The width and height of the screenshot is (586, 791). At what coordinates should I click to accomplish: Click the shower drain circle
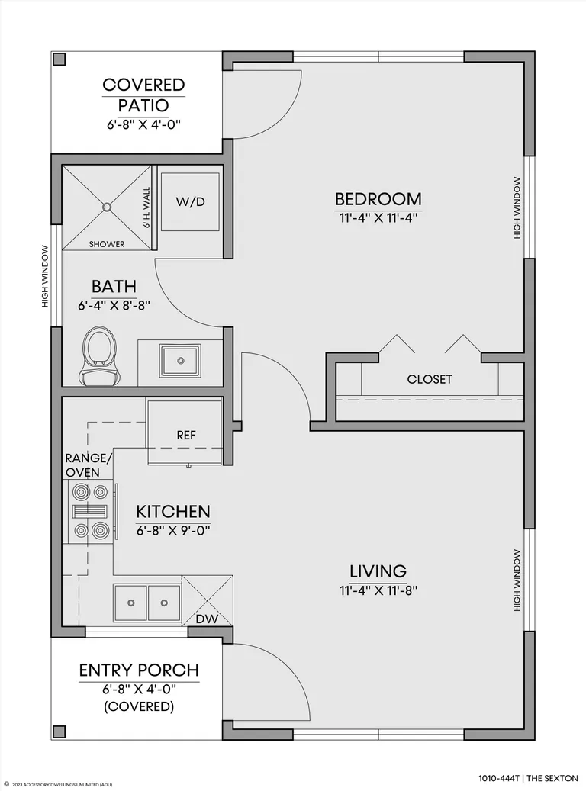point(107,207)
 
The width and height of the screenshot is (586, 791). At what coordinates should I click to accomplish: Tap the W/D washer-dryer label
point(190,202)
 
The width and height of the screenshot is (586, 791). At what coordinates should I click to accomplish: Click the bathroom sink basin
point(180,361)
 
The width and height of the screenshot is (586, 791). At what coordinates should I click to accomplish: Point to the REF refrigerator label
point(185,435)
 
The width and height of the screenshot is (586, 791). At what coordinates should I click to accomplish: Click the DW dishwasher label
point(207,619)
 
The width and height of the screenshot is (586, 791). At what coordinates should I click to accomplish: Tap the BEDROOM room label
point(378,199)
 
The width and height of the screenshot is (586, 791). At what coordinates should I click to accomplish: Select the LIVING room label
point(378,571)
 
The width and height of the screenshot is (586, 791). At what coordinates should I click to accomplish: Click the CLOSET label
point(430,379)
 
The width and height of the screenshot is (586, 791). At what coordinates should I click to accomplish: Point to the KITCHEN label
point(172,512)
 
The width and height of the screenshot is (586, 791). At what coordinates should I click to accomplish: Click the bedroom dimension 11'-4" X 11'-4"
point(378,218)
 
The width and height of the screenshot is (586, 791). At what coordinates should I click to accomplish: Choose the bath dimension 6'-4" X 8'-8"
point(114,305)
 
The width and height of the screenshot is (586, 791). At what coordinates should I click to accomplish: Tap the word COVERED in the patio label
point(144,85)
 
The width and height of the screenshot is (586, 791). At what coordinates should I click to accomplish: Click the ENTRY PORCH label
point(139,670)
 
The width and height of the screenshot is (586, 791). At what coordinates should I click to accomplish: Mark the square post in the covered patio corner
point(60,59)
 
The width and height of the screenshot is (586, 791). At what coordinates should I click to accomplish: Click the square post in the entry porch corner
point(60,732)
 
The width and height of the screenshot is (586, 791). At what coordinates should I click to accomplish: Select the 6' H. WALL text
point(146,207)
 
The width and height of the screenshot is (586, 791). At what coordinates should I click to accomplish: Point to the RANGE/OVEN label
point(89,465)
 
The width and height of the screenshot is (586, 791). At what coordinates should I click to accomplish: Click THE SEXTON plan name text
point(552,779)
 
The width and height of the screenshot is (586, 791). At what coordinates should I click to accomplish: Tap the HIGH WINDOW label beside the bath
point(46,276)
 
